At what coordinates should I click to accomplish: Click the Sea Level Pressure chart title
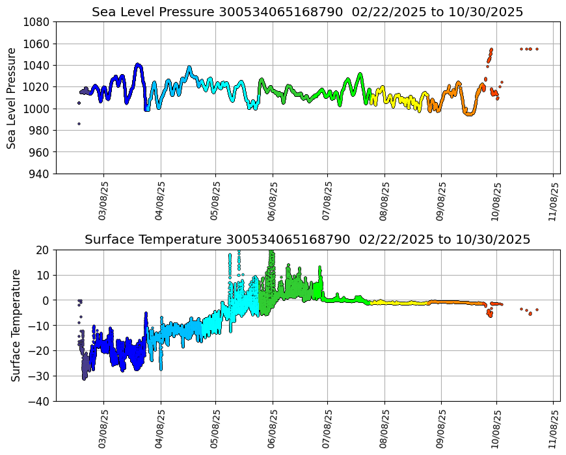pos(307,12)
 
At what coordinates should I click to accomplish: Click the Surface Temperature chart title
pos(307,239)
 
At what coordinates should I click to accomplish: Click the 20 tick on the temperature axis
pos(44,250)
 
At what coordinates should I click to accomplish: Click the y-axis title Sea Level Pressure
pos(12,97)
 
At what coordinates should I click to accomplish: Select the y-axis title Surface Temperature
pos(16,325)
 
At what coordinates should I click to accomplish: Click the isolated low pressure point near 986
pos(79,123)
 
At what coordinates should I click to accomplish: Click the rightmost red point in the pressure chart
pos(537,49)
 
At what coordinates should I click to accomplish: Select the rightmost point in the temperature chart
pos(537,309)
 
